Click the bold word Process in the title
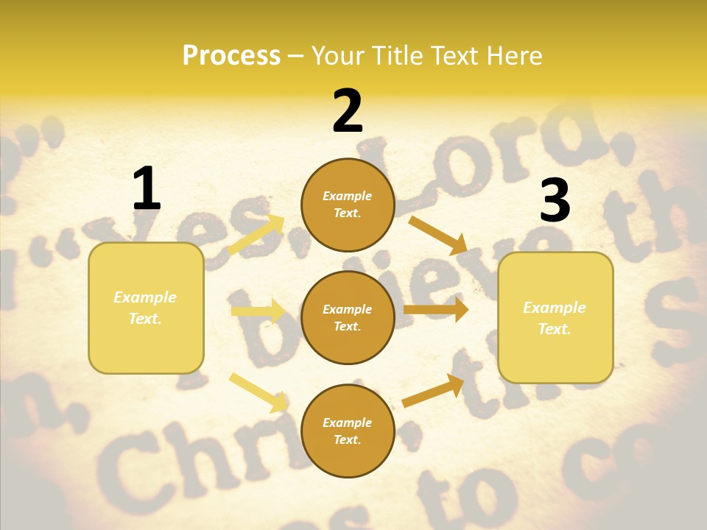tap(231, 56)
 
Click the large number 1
tap(147, 189)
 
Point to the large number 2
tap(348, 111)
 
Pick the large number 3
tap(555, 200)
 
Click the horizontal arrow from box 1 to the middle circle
tap(258, 311)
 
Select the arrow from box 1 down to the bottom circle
tap(258, 392)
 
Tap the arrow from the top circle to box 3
tap(437, 235)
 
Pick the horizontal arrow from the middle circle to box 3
tap(436, 310)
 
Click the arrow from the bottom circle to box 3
tap(433, 390)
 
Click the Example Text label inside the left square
tap(145, 308)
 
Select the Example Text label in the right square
tap(555, 318)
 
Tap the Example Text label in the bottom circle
tap(348, 431)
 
